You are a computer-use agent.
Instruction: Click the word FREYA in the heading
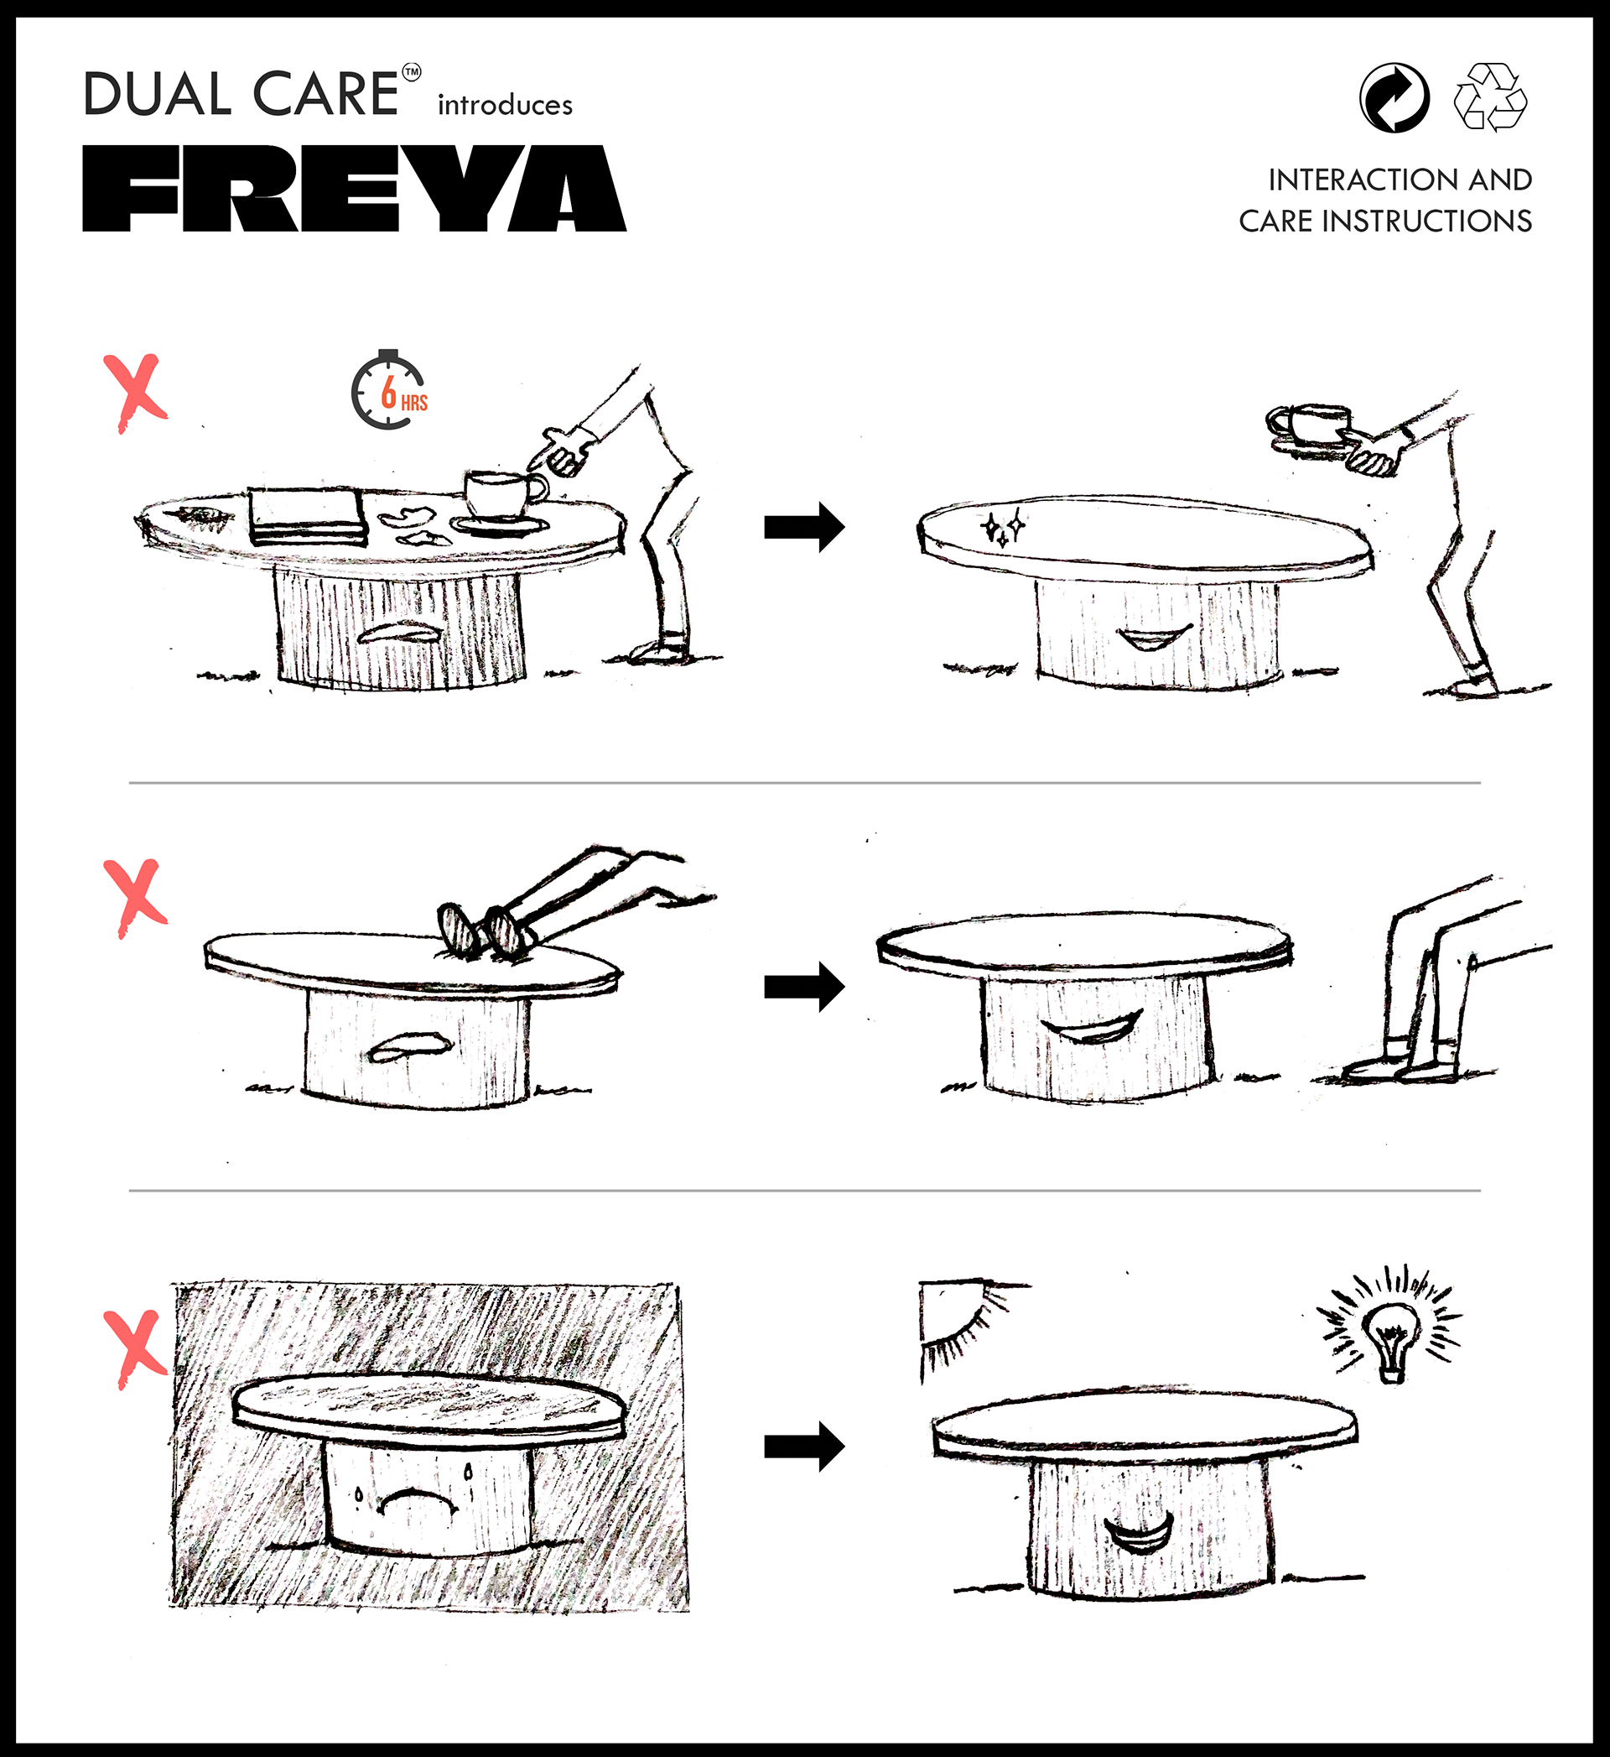pos(354,188)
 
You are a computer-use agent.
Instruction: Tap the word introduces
pos(506,105)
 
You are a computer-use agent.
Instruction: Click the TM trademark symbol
pos(412,72)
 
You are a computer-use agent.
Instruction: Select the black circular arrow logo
pos(1394,97)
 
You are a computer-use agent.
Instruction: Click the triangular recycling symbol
pos(1491,96)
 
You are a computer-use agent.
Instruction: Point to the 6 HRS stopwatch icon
pos(388,389)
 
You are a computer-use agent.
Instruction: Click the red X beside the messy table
pos(135,392)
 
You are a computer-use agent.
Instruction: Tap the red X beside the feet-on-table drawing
pos(135,898)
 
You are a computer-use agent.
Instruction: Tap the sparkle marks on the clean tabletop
pos(1003,528)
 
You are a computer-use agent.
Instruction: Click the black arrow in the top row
pos(804,526)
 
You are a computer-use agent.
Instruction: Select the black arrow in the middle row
pos(804,986)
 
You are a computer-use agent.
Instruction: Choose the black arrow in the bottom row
pos(804,1447)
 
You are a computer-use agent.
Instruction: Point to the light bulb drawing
pos(1391,1334)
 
